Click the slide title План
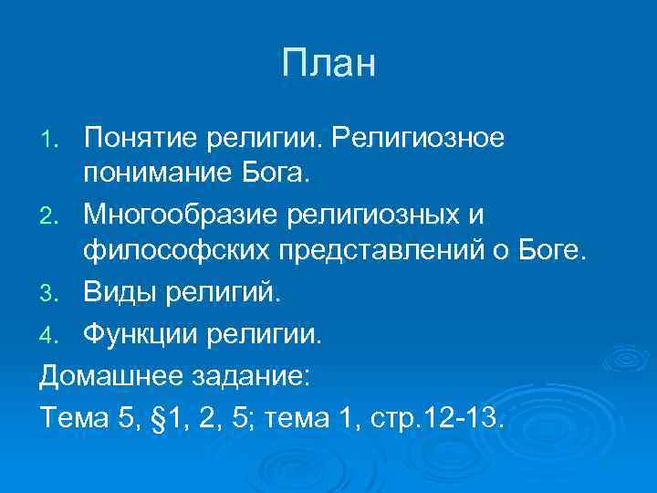pos(328,64)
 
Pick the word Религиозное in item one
pos(418,139)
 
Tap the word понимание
pos(153,174)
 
